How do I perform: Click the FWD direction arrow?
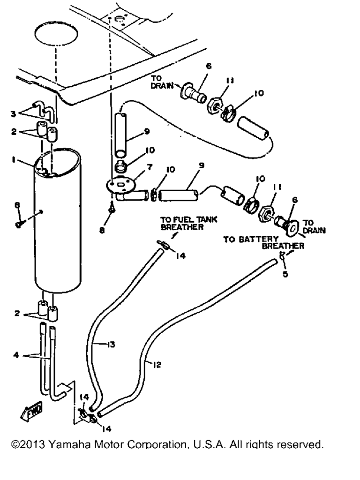point(31,411)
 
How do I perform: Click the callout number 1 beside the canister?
point(14,160)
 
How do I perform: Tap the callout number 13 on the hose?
point(111,345)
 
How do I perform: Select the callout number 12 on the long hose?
point(157,365)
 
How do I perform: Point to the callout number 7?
point(150,167)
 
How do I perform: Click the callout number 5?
point(285,274)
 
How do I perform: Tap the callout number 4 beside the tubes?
point(16,355)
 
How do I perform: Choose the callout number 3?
point(13,114)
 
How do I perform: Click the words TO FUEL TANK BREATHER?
point(188,223)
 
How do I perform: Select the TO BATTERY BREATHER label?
point(264,242)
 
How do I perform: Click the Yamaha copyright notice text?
point(167,444)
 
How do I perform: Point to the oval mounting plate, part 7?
point(121,185)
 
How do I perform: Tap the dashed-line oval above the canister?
point(56,34)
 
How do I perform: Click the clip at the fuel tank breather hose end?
point(163,244)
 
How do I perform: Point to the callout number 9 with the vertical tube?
point(147,131)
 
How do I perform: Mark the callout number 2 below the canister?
point(17,313)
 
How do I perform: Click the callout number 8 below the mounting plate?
point(102,230)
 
